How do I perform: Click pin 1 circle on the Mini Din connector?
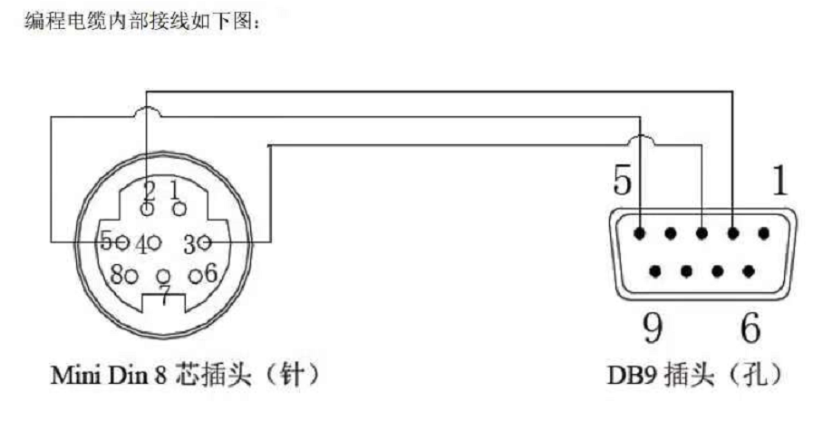179,209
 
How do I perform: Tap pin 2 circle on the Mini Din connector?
148,210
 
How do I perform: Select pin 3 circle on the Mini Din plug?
205,242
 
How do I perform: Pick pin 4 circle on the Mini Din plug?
154,242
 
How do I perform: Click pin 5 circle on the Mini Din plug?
122,242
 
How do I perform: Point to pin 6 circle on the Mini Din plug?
196,276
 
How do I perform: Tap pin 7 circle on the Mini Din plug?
164,276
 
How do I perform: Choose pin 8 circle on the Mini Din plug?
131,276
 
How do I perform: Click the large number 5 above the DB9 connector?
623,181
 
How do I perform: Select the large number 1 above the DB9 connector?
779,181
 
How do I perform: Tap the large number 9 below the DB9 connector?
653,327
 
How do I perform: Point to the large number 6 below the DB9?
750,327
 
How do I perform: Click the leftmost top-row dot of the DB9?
639,233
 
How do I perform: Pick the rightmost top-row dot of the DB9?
764,233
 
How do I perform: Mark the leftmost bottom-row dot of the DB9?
654,271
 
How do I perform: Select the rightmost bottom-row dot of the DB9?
749,271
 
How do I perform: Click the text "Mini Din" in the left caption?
99,376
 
